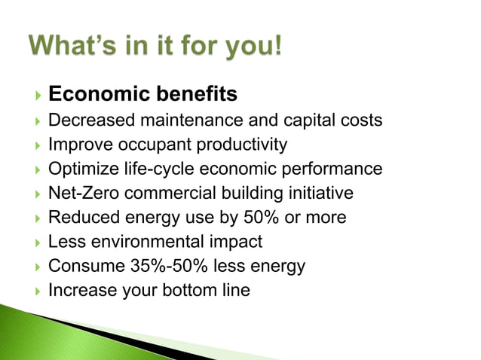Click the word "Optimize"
[x=80, y=169]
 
